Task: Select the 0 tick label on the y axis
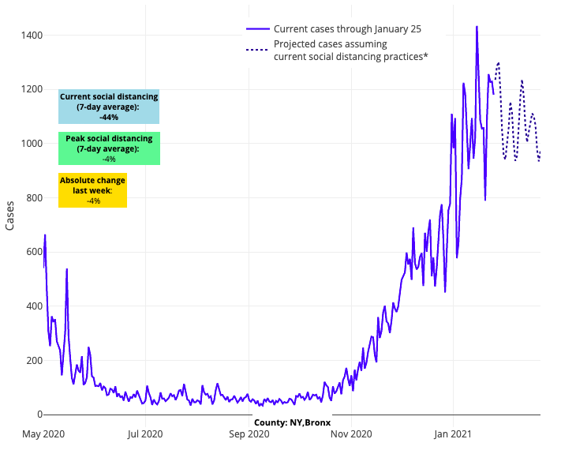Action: (x=37, y=415)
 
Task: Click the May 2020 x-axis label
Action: (x=43, y=433)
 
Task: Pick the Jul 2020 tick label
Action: (x=145, y=433)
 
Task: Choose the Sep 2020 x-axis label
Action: (x=249, y=433)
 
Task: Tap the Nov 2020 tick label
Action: (x=351, y=433)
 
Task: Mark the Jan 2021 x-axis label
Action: (x=454, y=433)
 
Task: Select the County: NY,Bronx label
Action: (x=292, y=422)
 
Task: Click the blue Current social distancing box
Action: (x=109, y=107)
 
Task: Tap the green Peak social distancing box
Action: (x=109, y=148)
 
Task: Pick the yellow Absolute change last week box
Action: (x=92, y=190)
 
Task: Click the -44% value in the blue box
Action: (x=109, y=118)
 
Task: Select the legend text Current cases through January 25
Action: (x=347, y=29)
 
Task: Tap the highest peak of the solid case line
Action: (x=477, y=27)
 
